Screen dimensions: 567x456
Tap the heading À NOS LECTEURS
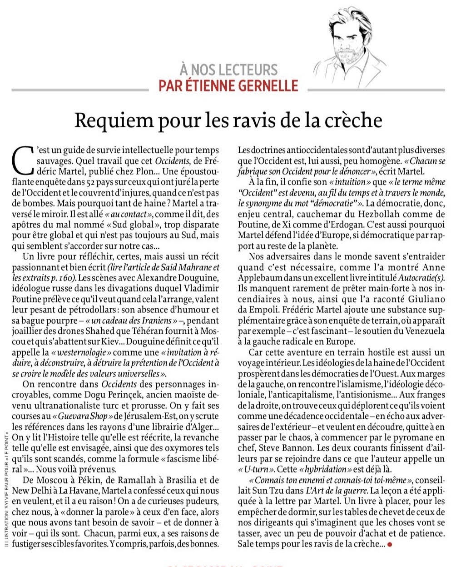228,70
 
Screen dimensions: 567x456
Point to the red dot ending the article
389,544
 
